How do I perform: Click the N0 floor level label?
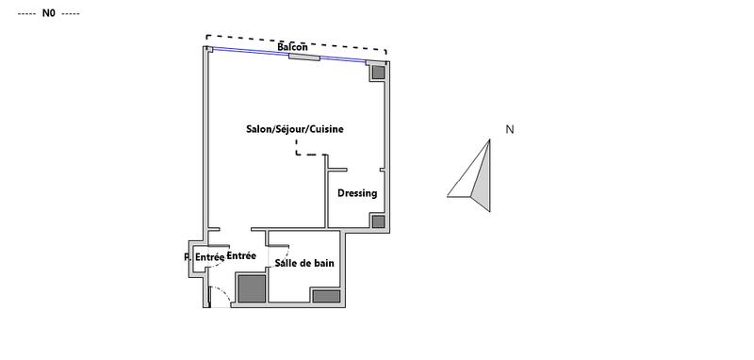(49, 13)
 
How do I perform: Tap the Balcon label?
(293, 47)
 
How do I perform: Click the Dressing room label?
(357, 193)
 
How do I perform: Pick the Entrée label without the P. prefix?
(242, 255)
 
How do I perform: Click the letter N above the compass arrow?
(509, 130)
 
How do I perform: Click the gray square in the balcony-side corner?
(377, 71)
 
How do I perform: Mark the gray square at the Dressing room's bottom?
(377, 221)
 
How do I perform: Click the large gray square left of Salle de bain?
(252, 287)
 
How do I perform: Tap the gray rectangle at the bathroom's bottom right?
(326, 296)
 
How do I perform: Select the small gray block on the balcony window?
(303, 57)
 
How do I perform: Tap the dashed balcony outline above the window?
(330, 45)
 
